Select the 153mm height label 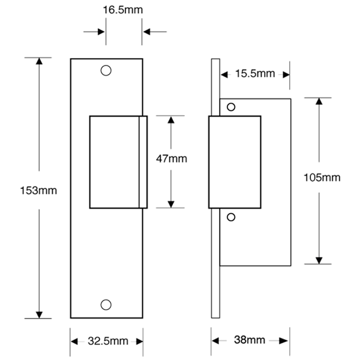click(40, 191)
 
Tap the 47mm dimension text click(172, 159)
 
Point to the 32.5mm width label click(107, 341)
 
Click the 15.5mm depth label click(255, 74)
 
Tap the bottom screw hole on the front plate click(107, 303)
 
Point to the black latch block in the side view click(234, 161)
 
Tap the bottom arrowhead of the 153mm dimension click(40, 314)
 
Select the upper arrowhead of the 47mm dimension click(171, 119)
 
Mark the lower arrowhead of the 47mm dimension click(171, 203)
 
